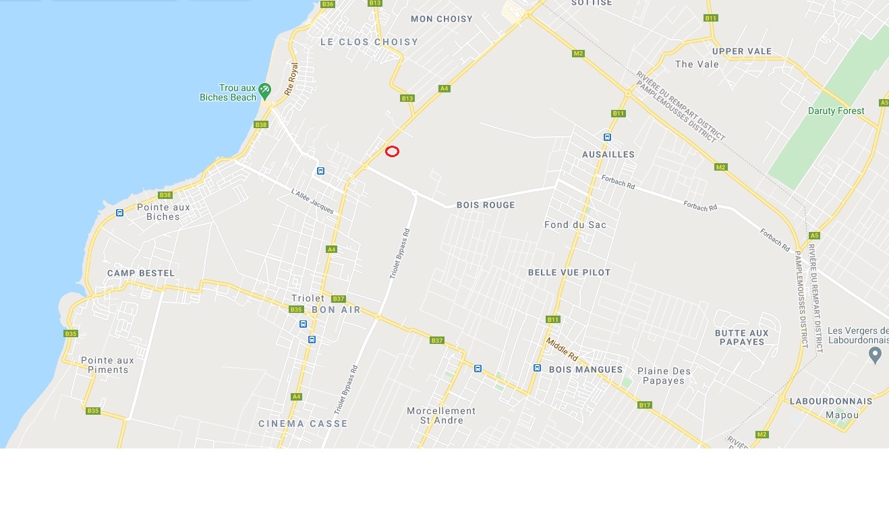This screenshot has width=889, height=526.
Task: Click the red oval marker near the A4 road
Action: [x=392, y=152]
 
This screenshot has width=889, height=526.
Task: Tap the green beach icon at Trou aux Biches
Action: [x=265, y=89]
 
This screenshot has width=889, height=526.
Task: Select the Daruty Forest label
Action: [x=836, y=111]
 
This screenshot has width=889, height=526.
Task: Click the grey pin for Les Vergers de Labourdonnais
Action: [x=876, y=354]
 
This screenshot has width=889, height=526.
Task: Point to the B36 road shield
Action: [x=328, y=4]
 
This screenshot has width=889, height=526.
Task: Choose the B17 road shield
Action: [x=644, y=405]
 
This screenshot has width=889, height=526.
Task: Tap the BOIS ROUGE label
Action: [x=486, y=205]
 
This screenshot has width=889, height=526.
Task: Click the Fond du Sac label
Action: [x=575, y=225]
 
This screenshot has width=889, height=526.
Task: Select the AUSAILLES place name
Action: [x=608, y=154]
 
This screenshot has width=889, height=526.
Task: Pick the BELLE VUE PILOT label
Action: [x=569, y=272]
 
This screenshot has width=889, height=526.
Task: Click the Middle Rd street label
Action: [x=562, y=349]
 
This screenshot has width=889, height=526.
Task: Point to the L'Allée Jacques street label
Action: [x=312, y=201]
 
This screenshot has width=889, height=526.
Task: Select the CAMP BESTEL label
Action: [x=141, y=273]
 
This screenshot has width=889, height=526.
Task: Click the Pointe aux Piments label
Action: [x=108, y=365]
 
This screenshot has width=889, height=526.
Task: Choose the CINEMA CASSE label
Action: [x=303, y=423]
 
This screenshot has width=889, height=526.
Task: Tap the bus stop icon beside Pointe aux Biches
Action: [x=119, y=213]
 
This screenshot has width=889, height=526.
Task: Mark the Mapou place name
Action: [x=842, y=415]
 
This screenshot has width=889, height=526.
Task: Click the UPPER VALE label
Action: [x=742, y=51]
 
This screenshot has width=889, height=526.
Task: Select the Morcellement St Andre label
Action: [x=441, y=415]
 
